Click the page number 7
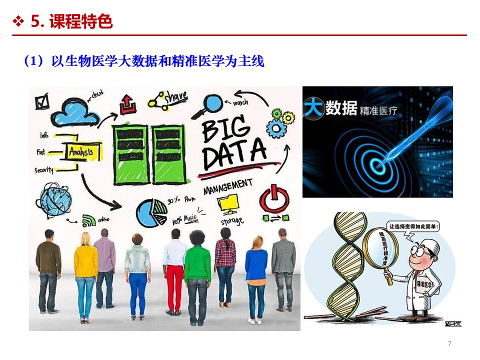click(449, 343)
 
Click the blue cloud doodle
click(75, 113)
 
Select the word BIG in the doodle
click(225, 128)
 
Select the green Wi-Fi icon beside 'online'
click(89, 219)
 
